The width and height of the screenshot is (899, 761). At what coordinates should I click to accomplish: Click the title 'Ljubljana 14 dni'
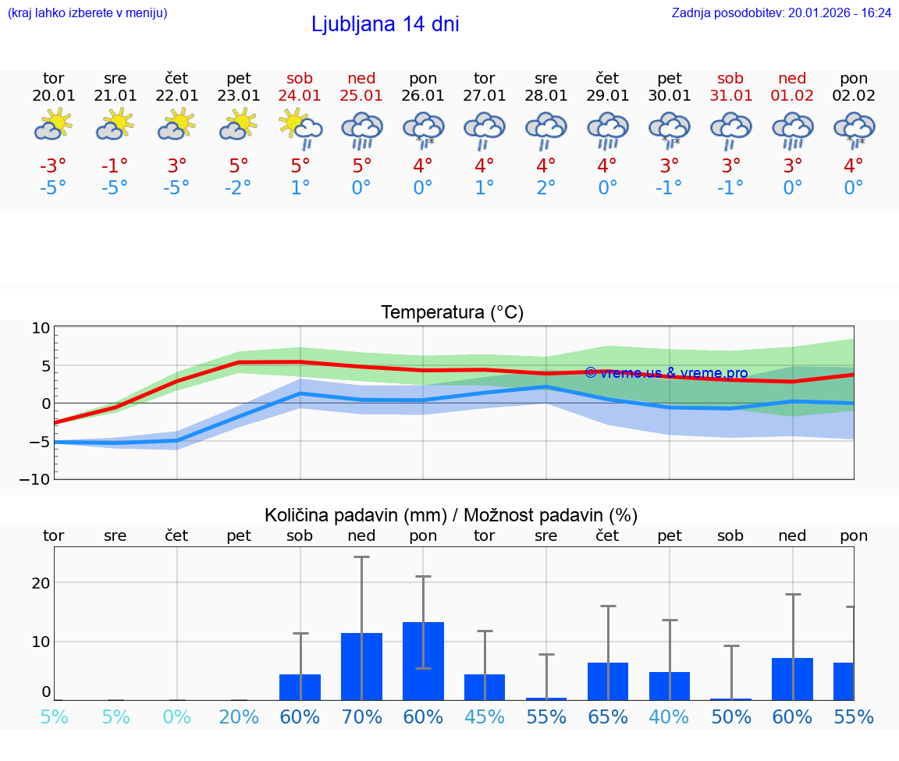(385, 24)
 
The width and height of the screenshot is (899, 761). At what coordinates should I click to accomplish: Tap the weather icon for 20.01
(53, 125)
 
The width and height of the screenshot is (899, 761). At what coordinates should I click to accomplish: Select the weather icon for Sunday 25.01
(361, 130)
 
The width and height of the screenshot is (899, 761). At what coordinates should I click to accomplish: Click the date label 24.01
(300, 95)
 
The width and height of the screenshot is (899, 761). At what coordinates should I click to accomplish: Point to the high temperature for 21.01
(115, 166)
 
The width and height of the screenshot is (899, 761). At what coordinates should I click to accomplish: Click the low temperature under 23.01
(238, 188)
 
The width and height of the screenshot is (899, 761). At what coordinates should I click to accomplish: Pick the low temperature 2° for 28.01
(545, 188)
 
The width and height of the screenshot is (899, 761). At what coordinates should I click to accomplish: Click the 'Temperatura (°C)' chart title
(452, 313)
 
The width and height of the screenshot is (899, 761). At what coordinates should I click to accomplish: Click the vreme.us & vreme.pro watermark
(666, 373)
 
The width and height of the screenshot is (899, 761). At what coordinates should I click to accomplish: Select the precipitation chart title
(451, 515)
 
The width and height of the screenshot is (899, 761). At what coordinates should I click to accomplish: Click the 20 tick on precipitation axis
(41, 583)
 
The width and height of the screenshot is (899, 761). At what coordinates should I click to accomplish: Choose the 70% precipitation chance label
(361, 717)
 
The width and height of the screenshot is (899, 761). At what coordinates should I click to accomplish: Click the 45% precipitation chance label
(484, 717)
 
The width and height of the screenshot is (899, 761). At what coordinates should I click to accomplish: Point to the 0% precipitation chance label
(177, 717)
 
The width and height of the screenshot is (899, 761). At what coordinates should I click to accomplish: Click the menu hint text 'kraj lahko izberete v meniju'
(87, 13)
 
